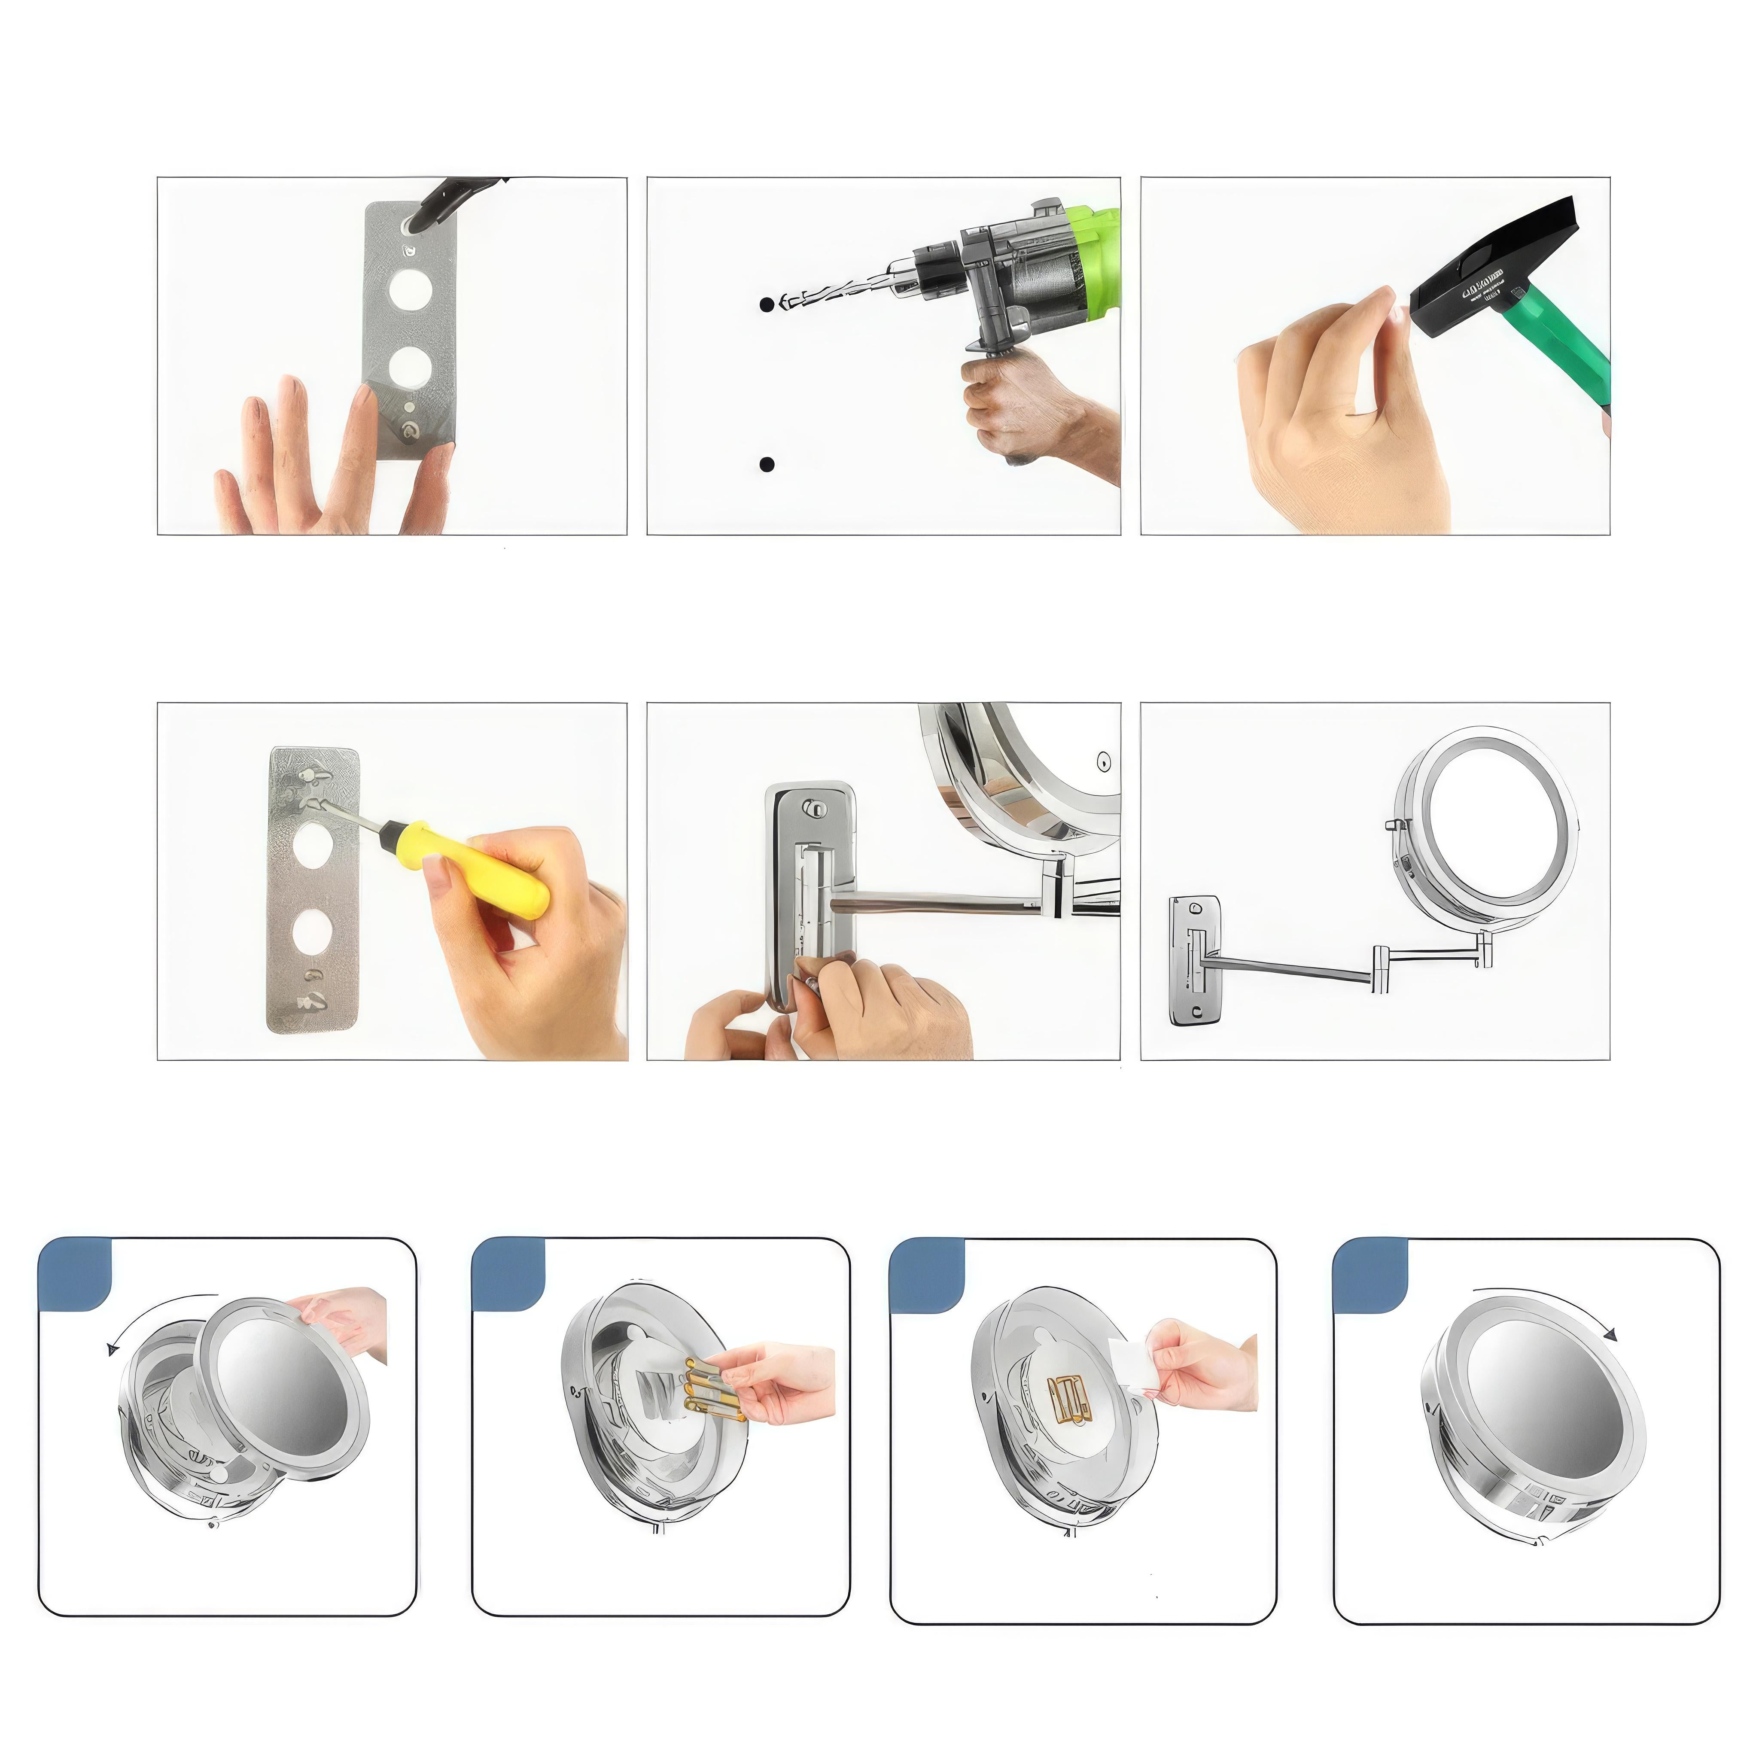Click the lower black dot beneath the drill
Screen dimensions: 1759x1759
pyautogui.click(x=767, y=464)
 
